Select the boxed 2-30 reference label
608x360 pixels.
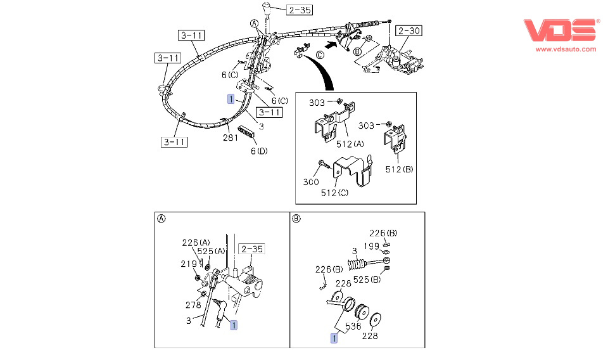point(408,30)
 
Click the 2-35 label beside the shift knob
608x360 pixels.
point(299,10)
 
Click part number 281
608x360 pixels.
point(230,138)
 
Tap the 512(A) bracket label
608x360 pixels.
point(350,143)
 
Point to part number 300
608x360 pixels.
point(311,182)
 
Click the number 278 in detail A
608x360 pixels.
point(194,305)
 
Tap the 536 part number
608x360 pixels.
point(352,327)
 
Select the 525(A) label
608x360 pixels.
point(212,251)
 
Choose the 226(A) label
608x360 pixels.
point(196,242)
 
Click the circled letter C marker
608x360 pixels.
point(320,55)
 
